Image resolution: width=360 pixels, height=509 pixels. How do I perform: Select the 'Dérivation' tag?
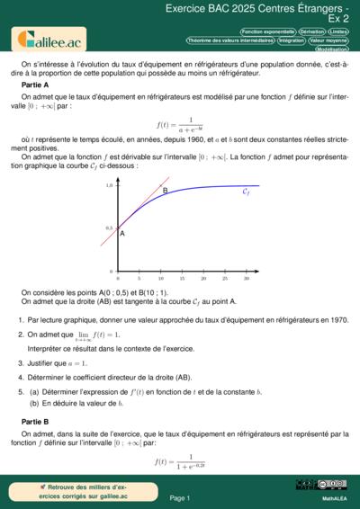[311, 31]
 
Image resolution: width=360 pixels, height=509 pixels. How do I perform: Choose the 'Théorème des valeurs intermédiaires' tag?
[229, 40]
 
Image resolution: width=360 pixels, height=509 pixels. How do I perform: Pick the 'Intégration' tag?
[291, 40]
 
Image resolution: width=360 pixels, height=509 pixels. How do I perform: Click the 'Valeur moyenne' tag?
[328, 40]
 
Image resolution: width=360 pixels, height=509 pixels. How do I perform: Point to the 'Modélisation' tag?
[332, 49]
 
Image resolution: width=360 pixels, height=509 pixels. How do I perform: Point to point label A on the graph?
[121, 234]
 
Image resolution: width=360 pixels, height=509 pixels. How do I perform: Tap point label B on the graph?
[165, 191]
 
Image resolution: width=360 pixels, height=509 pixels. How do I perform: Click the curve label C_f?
[247, 192]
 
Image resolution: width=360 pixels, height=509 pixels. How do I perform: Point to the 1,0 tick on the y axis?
[109, 184]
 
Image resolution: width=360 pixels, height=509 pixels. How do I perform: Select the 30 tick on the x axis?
[246, 278]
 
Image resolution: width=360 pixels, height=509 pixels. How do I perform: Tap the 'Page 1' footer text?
[179, 497]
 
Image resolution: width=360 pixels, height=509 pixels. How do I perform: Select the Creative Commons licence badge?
[308, 485]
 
